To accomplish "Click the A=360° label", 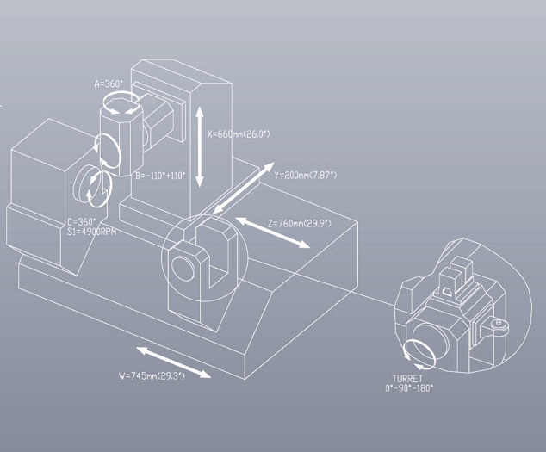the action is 109,84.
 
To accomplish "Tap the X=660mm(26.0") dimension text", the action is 239,134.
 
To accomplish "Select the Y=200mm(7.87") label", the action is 306,175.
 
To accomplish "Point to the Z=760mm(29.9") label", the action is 300,223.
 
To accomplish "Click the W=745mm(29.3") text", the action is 152,375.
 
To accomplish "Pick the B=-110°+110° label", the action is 160,176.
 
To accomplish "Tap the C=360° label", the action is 82,222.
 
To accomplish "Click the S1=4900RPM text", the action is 91,232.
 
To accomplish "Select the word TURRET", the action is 407,379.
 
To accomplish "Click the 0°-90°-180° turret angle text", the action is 409,387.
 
